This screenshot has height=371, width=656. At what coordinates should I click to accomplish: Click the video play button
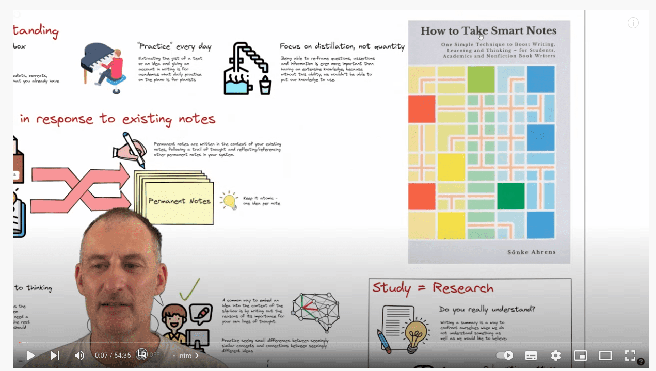tap(30, 356)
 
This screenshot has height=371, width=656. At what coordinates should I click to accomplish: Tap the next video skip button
tap(55, 356)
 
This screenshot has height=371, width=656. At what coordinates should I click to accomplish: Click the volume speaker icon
tap(79, 356)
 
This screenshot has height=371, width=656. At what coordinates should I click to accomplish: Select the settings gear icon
tap(555, 356)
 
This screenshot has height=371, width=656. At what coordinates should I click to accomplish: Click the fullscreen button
tap(630, 356)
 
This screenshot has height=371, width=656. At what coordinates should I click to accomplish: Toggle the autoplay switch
tap(504, 356)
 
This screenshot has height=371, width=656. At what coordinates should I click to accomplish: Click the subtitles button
tap(531, 356)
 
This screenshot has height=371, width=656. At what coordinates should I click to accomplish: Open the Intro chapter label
tap(186, 356)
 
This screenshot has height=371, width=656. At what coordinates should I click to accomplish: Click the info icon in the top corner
tap(633, 23)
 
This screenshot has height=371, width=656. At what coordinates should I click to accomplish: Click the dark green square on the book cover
tap(510, 196)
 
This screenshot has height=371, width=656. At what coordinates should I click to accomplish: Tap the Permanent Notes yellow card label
tap(179, 201)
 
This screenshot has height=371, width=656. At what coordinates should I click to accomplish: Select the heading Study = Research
tap(433, 288)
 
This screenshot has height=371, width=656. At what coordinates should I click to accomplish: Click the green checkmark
tap(189, 290)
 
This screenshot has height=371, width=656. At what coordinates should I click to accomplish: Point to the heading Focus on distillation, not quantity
tap(342, 46)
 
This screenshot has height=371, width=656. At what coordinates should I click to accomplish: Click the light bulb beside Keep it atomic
tap(229, 200)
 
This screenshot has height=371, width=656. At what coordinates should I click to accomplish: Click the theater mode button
tap(605, 356)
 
